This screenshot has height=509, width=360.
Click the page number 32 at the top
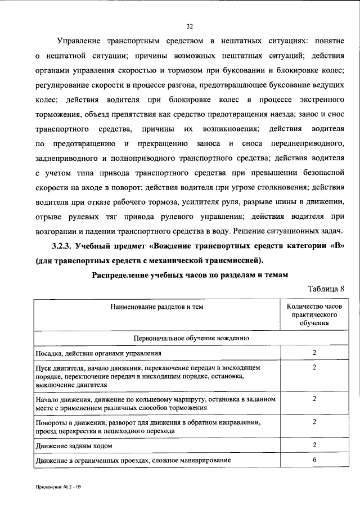click(x=190, y=25)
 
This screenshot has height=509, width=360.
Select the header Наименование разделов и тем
click(x=157, y=307)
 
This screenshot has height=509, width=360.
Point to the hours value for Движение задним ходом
click(x=315, y=445)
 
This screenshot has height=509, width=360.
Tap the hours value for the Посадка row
click(x=315, y=353)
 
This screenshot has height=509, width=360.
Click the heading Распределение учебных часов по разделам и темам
click(x=189, y=275)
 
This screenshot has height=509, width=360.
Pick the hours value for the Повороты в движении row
click(x=315, y=422)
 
